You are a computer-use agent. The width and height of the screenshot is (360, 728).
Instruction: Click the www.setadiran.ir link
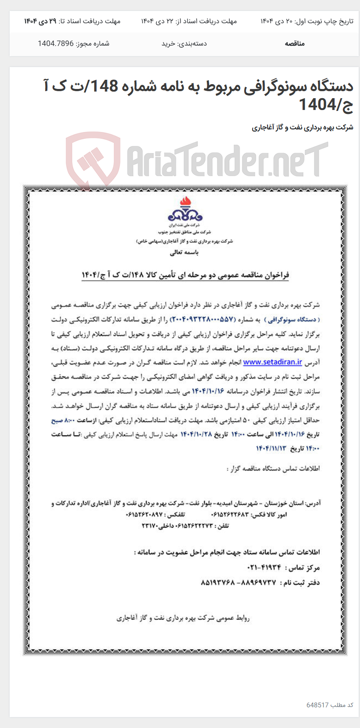[x=272, y=362]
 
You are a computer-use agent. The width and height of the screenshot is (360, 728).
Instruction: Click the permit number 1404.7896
[x=55, y=43]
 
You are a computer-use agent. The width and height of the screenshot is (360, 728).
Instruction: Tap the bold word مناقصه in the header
[x=294, y=43]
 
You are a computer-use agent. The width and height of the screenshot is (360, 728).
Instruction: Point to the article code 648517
[x=317, y=705]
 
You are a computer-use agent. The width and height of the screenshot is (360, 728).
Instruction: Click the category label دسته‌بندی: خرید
[x=184, y=43]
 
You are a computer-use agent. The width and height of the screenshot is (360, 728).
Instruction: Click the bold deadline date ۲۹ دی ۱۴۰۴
[x=40, y=21]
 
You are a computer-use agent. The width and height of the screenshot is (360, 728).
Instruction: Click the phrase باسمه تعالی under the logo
[x=184, y=252]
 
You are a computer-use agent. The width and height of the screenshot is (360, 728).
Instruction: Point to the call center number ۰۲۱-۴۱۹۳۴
[x=264, y=568]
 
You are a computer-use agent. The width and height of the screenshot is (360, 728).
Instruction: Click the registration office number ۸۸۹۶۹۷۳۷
[x=257, y=582]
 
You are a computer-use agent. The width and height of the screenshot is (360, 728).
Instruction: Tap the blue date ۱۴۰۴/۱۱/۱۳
[x=271, y=448]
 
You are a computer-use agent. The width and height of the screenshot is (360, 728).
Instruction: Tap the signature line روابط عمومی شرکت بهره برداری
[x=183, y=618]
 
